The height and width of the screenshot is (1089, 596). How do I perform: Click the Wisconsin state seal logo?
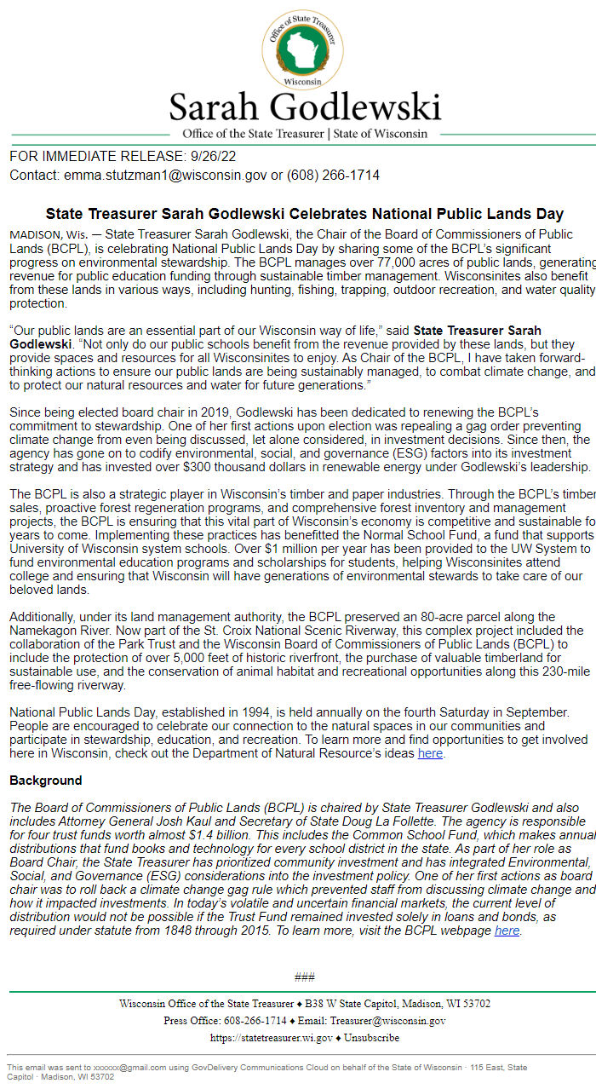point(304,49)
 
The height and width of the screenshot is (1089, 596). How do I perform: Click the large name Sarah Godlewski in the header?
point(305,107)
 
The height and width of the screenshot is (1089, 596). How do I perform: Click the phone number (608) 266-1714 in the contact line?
point(333,175)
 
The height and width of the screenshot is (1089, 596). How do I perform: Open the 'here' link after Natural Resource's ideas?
point(430,753)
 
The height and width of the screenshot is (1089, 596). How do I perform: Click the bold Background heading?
point(46,781)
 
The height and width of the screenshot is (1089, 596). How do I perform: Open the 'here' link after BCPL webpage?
point(507,931)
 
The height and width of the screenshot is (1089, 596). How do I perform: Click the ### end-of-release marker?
point(304,977)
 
